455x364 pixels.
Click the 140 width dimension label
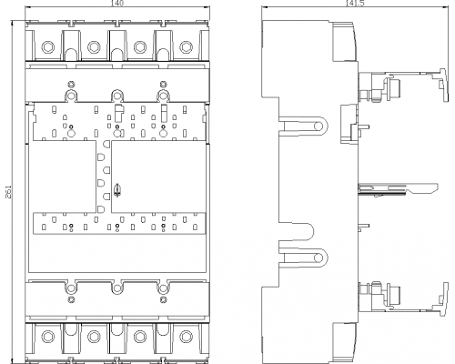(117, 4)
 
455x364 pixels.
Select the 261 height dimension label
(8, 192)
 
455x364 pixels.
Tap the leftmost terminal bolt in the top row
(48, 47)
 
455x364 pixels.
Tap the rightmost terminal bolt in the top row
(186, 47)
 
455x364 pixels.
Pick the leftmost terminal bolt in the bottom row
(48, 336)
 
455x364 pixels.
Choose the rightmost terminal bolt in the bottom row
(186, 336)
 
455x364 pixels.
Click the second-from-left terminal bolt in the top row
(94, 47)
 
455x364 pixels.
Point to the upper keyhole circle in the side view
(318, 126)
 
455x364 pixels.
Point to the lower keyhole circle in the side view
(318, 258)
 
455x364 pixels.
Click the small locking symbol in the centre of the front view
(116, 190)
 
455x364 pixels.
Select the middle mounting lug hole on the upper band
(116, 96)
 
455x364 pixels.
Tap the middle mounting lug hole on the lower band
(116, 288)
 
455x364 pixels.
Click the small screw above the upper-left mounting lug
(71, 84)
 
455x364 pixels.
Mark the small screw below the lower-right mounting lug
(163, 300)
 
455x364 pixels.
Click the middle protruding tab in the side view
(398, 188)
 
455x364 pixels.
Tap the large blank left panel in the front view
(63, 177)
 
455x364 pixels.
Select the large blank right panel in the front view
(158, 177)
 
